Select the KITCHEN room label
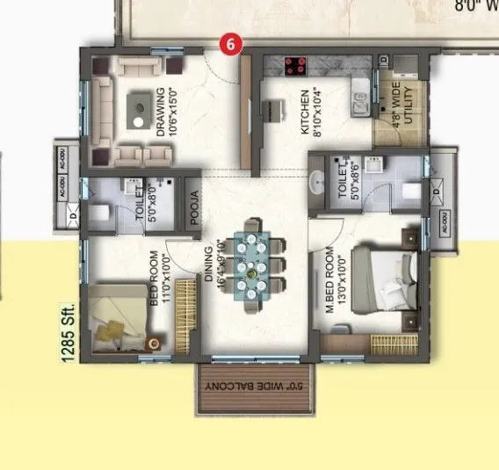305,111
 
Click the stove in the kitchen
294,64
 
